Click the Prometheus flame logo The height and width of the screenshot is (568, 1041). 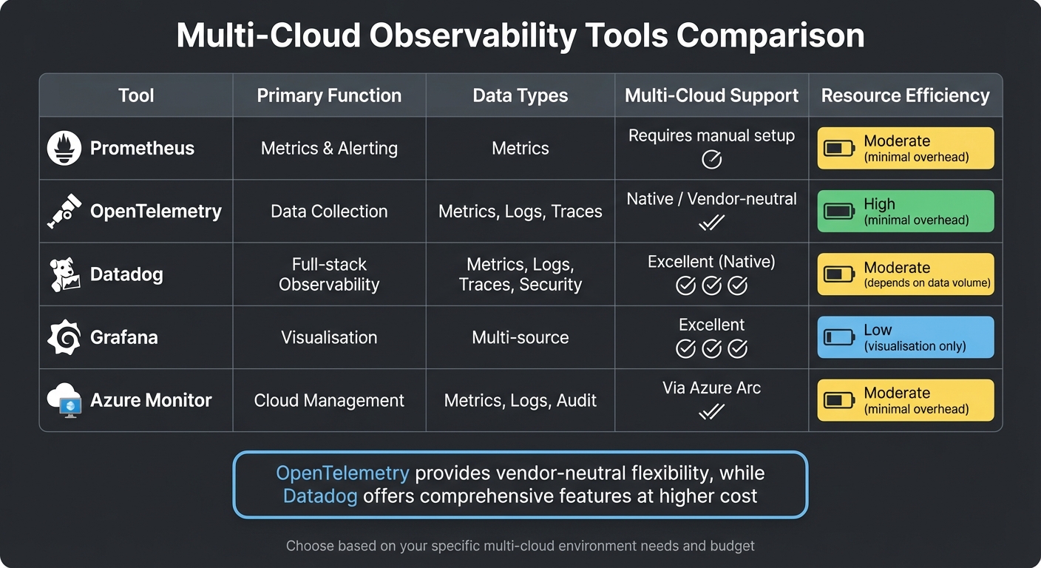(x=64, y=148)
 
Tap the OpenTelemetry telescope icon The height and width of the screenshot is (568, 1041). (x=64, y=212)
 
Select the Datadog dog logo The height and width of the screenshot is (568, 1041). (x=64, y=274)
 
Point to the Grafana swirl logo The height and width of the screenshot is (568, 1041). (x=64, y=338)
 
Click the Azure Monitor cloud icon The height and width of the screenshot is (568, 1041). (x=64, y=401)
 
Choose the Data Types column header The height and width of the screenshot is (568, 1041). (x=520, y=95)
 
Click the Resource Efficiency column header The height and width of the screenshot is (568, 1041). (x=905, y=95)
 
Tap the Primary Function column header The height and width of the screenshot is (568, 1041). (x=329, y=95)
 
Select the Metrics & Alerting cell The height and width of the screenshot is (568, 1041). (x=329, y=148)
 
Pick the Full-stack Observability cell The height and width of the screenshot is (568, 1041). (x=329, y=274)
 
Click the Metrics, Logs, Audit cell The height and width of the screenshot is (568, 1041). (x=520, y=401)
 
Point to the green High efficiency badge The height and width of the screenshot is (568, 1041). (x=905, y=212)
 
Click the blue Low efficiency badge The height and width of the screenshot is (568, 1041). (x=905, y=337)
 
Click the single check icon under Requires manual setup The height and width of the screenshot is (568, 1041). (x=711, y=159)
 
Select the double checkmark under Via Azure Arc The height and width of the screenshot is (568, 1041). (x=711, y=411)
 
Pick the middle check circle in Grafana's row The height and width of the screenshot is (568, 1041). (x=711, y=348)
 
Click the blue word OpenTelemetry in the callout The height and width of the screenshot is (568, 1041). (x=342, y=473)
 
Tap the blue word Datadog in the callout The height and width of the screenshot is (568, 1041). (x=320, y=496)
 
